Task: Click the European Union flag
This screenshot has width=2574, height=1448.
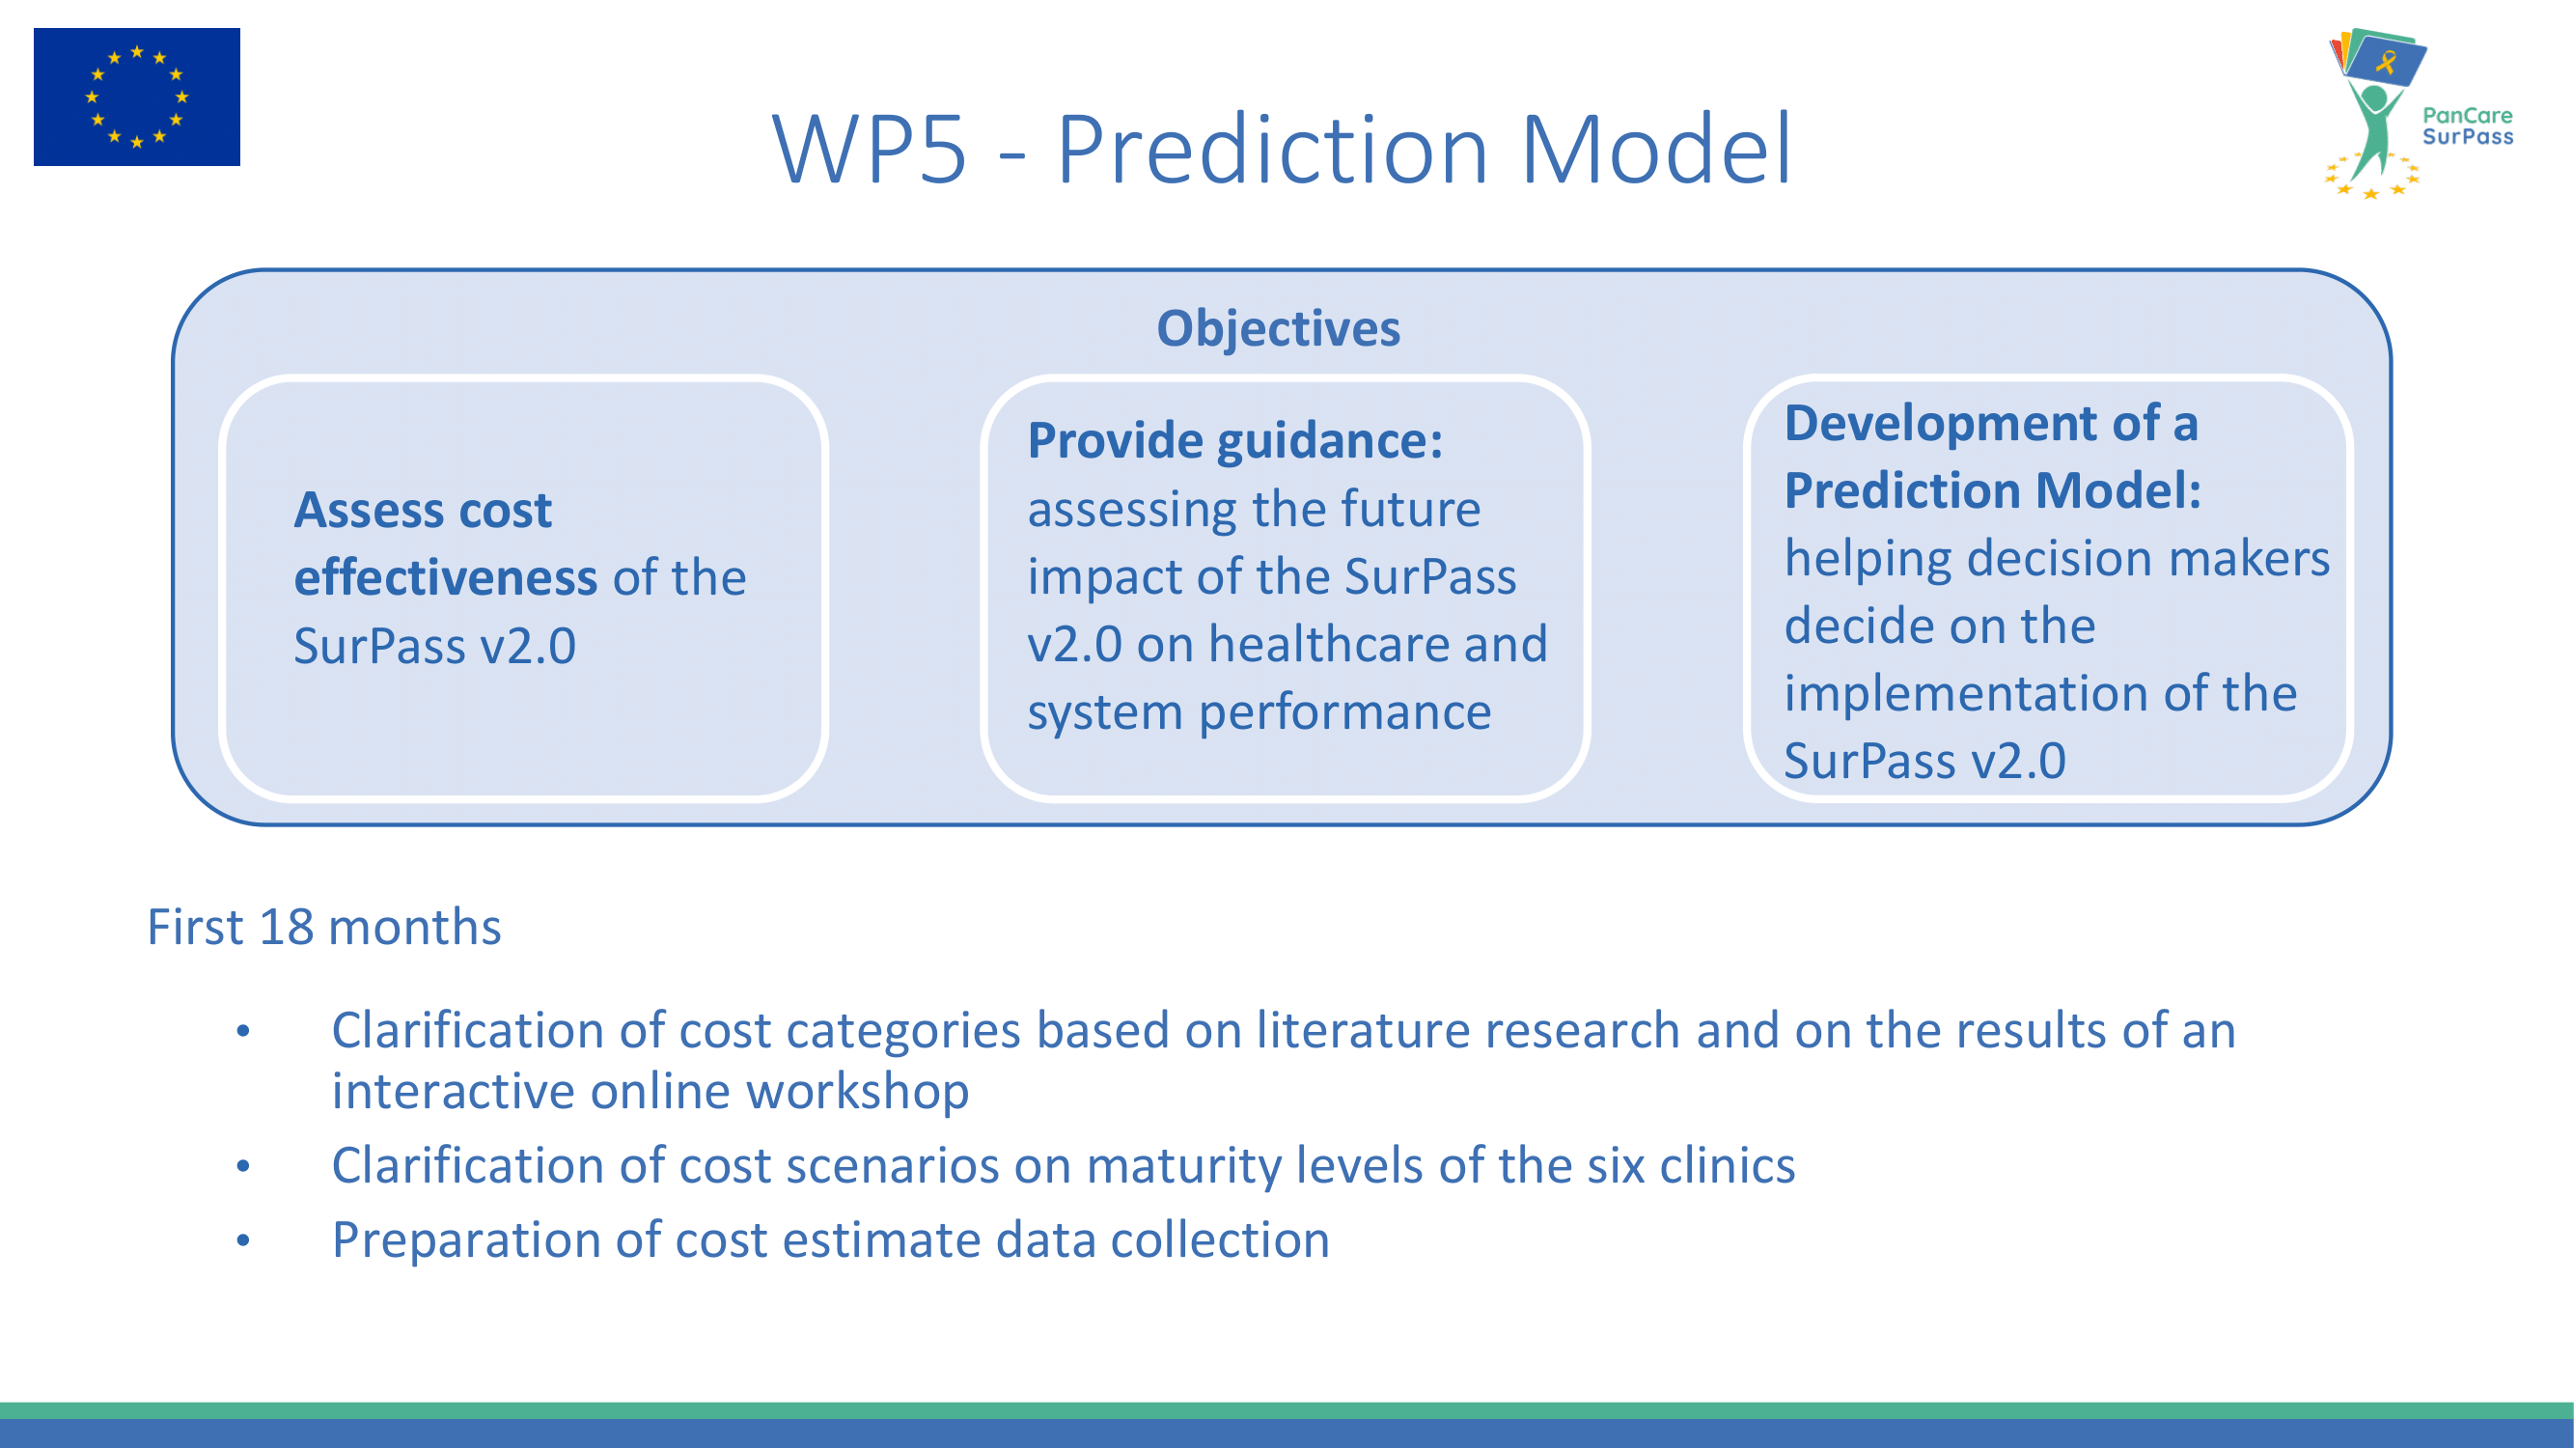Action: (x=137, y=97)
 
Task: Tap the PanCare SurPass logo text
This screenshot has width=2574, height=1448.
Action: (x=2467, y=125)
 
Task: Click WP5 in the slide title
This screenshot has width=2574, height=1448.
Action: (x=871, y=149)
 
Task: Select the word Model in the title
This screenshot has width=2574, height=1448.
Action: (x=1656, y=149)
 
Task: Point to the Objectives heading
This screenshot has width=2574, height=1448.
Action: (x=1278, y=328)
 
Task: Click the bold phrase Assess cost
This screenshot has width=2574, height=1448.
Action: (x=423, y=510)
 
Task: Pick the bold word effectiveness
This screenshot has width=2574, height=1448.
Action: (x=446, y=577)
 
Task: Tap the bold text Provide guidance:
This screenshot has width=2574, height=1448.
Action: (x=1235, y=441)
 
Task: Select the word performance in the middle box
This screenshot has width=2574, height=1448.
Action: (x=1345, y=712)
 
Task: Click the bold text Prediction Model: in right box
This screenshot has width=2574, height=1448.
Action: (x=1992, y=490)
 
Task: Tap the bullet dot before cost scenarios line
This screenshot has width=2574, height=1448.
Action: (x=243, y=1165)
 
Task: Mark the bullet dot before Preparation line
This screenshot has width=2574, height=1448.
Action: (x=243, y=1240)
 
